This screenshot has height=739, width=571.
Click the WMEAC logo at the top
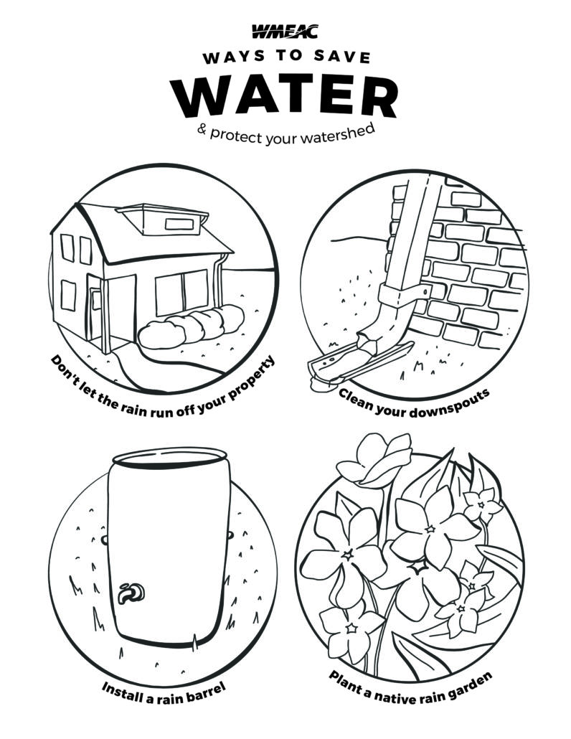click(x=285, y=31)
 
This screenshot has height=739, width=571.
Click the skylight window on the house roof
click(x=175, y=223)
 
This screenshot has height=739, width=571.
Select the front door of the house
click(x=94, y=313)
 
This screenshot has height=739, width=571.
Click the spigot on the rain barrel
click(x=131, y=592)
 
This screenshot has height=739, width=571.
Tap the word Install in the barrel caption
click(x=119, y=689)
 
